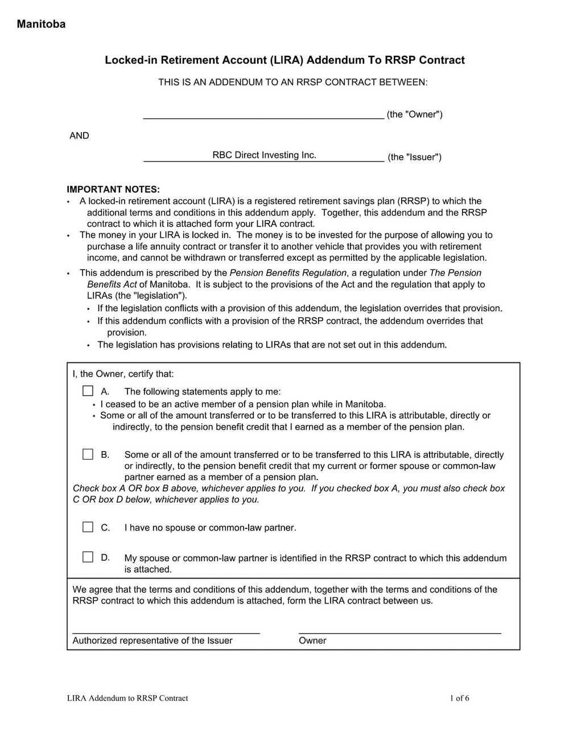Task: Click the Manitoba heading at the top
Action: click(x=41, y=24)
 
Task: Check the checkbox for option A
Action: click(x=88, y=391)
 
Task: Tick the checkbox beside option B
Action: click(x=88, y=454)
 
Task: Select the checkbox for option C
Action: click(x=88, y=527)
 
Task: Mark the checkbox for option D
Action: click(x=88, y=557)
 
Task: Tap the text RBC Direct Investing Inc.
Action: click(x=264, y=155)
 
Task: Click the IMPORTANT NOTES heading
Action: click(x=113, y=189)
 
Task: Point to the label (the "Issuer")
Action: click(x=414, y=157)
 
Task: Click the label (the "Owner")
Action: click(x=414, y=114)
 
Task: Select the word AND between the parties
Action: click(x=79, y=135)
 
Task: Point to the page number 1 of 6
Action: click(x=459, y=698)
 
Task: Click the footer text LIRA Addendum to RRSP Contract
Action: click(x=127, y=698)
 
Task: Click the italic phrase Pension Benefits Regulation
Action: click(x=288, y=272)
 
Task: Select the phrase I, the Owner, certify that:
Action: click(x=123, y=374)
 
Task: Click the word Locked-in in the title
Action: click(x=131, y=60)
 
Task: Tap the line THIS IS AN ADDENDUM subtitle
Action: click(x=292, y=82)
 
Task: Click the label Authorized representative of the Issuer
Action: click(x=152, y=640)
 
